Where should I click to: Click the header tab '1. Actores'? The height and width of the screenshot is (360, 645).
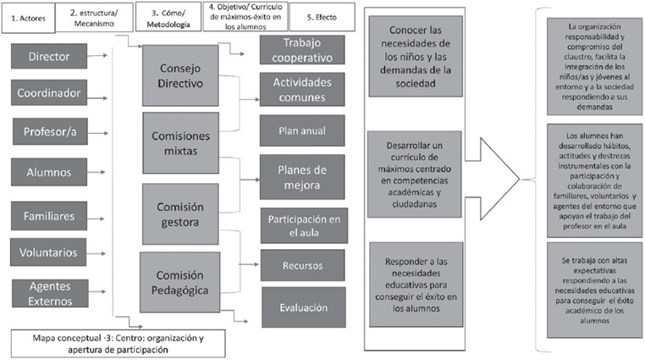[28, 16]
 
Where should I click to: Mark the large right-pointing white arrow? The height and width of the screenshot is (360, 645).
[500, 180]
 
